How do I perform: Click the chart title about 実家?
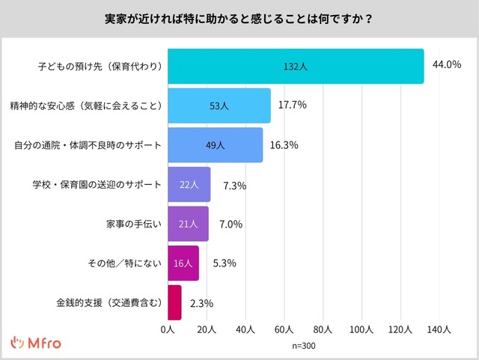(239, 18)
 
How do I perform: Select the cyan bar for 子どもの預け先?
(296, 66)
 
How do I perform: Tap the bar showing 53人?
(219, 106)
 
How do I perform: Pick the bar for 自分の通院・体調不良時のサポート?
(215, 145)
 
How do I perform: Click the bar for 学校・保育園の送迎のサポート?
(189, 184)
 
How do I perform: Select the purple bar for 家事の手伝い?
(188, 224)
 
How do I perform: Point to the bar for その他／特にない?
(183, 263)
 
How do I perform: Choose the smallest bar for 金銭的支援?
(174, 302)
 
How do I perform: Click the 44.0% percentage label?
(447, 65)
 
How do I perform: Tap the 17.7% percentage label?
(293, 105)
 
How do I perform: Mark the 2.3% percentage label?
(202, 303)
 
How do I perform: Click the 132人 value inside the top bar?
(296, 67)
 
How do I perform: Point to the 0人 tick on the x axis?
(168, 329)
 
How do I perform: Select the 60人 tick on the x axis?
(284, 329)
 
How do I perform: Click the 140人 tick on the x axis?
(439, 329)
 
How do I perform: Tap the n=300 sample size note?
(304, 347)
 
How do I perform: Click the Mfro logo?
(36, 344)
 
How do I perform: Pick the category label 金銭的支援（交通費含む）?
(109, 303)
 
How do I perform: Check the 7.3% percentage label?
(234, 185)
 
